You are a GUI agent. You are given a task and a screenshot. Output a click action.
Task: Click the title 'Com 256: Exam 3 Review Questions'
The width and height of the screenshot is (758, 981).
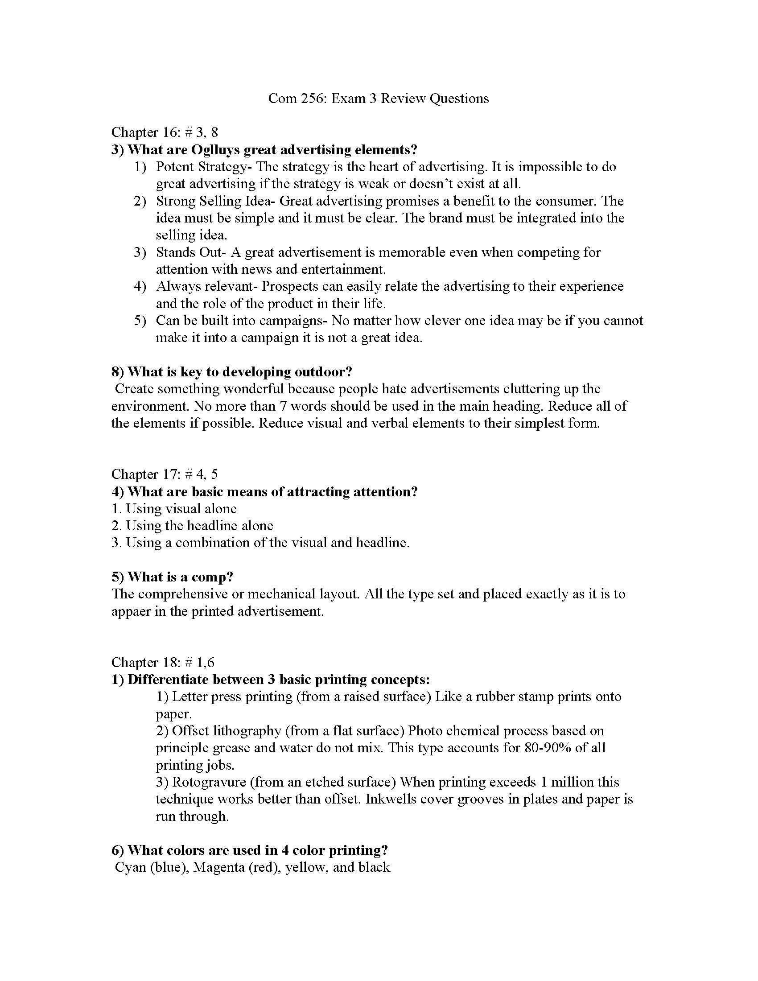tap(378, 99)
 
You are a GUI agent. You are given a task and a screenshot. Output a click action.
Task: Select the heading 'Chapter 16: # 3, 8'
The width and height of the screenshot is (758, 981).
tap(165, 132)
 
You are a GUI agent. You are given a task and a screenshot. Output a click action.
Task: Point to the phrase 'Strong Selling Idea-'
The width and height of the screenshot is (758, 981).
tap(215, 201)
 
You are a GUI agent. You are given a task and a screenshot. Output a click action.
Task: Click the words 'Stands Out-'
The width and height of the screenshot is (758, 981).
tap(191, 252)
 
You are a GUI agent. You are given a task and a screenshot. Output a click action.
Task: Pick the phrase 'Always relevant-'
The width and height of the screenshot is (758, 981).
tap(206, 286)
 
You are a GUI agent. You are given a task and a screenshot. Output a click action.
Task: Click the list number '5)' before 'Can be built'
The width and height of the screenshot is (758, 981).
tap(140, 321)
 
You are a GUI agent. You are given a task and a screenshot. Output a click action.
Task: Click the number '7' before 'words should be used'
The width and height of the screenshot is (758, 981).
tap(282, 406)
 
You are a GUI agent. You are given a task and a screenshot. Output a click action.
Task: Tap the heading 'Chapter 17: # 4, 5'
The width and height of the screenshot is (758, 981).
tap(165, 474)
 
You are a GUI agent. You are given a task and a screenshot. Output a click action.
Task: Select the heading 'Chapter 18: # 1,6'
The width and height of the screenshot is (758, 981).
tap(163, 663)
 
